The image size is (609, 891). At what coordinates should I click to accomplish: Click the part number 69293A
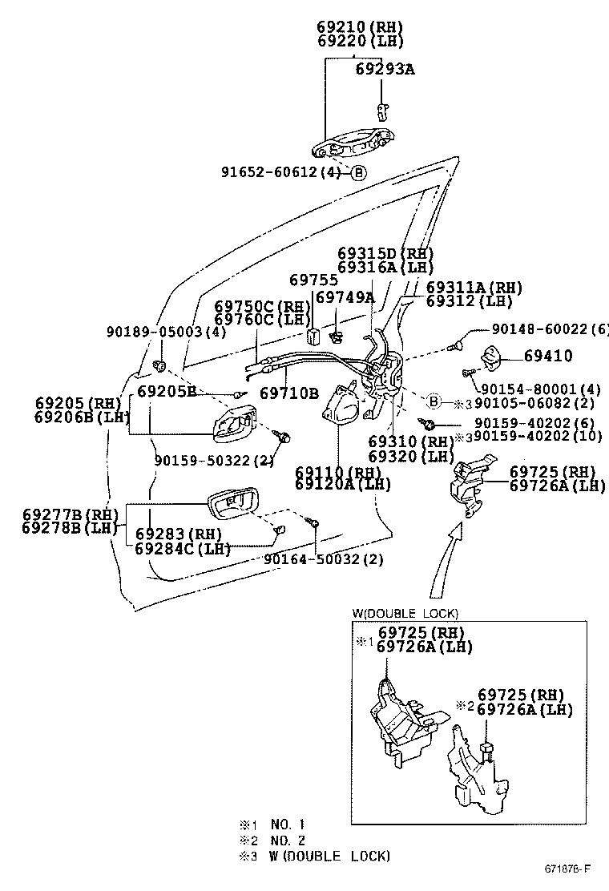tap(385, 70)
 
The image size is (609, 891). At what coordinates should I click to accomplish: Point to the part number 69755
tap(313, 280)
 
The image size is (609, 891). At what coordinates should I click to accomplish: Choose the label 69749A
tap(345, 297)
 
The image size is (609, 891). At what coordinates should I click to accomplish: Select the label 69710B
tap(288, 393)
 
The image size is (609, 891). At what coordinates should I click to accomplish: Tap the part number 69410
tap(548, 355)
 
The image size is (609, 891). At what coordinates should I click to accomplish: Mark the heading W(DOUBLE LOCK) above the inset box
tap(405, 614)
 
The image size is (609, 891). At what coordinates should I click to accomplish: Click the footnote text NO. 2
tap(288, 840)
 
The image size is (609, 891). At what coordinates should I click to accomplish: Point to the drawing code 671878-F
tap(568, 869)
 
